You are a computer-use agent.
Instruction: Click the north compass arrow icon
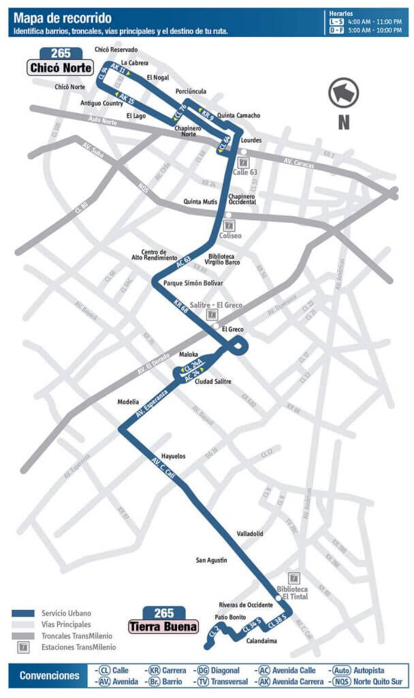343,93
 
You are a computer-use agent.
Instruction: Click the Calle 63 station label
244,172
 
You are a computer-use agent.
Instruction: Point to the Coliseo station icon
229,225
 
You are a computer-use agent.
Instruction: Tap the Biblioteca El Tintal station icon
293,577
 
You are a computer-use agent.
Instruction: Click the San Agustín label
211,560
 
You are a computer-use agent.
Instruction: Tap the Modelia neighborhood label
128,401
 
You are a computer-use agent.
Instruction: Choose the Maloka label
188,354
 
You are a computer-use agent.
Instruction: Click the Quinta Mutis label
200,202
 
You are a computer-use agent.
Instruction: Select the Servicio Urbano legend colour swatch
23,613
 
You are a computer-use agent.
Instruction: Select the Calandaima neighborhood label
262,641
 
